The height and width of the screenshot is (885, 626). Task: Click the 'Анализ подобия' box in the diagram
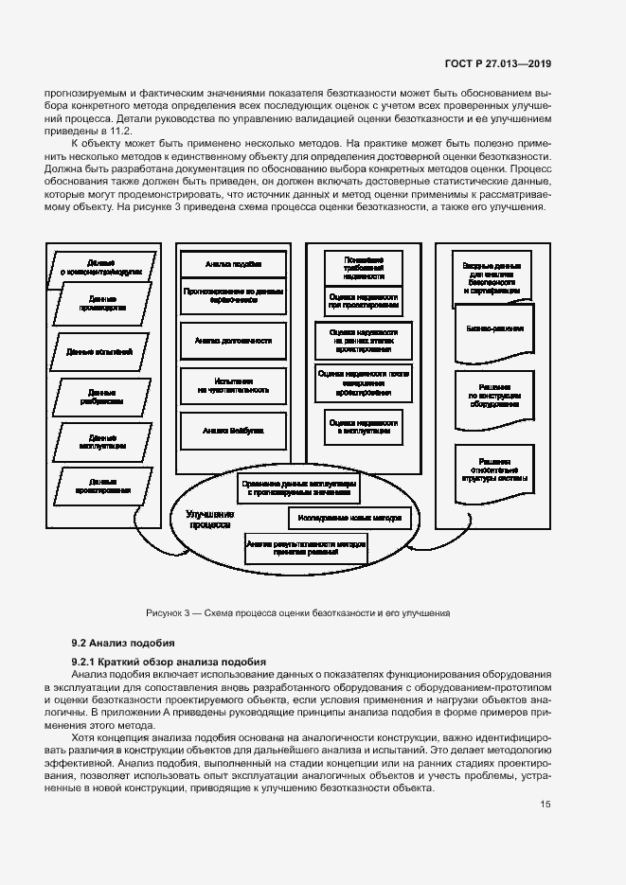[233, 263]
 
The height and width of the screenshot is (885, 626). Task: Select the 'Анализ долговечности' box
[233, 340]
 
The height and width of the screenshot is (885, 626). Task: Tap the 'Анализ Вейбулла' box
[233, 430]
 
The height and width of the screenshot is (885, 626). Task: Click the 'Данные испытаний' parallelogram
[94, 351]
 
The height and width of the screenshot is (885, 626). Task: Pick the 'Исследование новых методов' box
[349, 519]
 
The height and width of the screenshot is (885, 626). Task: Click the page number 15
[546, 805]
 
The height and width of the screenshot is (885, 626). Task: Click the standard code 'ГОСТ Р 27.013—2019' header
[497, 64]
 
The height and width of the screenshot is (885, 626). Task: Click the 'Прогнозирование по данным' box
[233, 294]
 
